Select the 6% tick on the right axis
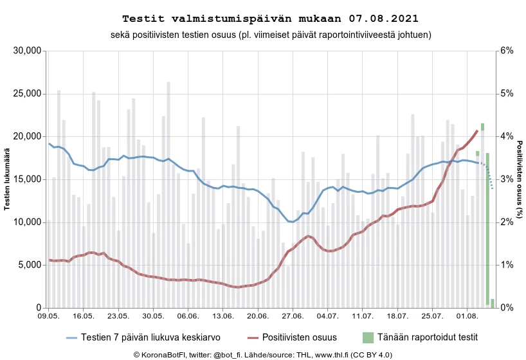click(507, 51)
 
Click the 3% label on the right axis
click(507, 179)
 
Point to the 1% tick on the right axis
click(507, 265)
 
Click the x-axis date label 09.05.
click(48, 316)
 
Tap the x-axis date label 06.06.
click(187, 316)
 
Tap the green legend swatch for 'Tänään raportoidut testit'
click(368, 337)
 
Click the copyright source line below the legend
click(262, 354)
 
